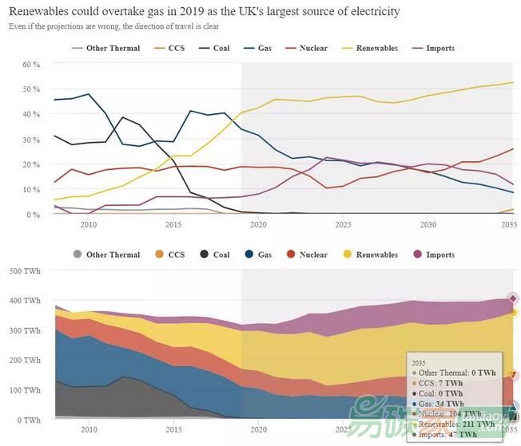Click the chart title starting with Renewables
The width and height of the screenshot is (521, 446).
tap(205, 13)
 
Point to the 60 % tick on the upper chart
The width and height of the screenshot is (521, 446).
tap(30, 64)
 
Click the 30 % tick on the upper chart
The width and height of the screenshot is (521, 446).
tap(30, 139)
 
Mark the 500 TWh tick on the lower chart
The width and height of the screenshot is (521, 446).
tap(25, 270)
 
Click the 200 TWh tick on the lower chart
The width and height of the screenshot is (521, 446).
tap(25, 360)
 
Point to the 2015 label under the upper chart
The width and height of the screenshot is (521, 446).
tap(173, 226)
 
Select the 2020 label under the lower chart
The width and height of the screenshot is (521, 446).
tap(257, 430)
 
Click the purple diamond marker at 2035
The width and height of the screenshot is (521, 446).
tap(514, 298)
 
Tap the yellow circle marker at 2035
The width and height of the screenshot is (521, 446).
tap(514, 313)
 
